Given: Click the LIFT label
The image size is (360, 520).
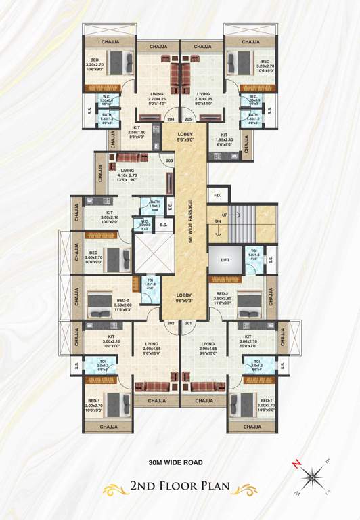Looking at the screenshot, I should pos(226,259).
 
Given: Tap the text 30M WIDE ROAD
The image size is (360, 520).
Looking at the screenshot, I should pos(179,464).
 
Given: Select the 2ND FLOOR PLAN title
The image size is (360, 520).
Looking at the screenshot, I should pos(179,485).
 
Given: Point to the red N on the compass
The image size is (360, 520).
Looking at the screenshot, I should pos(296,464).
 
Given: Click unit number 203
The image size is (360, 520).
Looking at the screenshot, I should pos(169,160).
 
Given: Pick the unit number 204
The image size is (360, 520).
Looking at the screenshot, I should pos(171,118).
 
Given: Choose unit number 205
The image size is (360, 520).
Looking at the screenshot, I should pos(188,118).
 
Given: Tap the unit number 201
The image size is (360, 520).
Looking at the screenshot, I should pos(188,323).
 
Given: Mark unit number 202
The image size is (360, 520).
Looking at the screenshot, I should pos(171,323).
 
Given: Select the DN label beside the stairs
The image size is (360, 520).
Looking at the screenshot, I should pos(218,221).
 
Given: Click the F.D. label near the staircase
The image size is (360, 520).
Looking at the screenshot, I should pos(217,196).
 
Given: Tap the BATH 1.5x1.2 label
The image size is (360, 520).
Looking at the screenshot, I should pos(155,204).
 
